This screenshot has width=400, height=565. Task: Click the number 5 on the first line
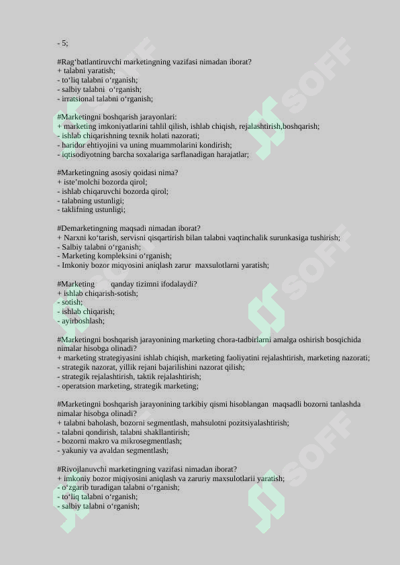(64, 43)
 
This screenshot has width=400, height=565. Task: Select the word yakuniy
(74, 450)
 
